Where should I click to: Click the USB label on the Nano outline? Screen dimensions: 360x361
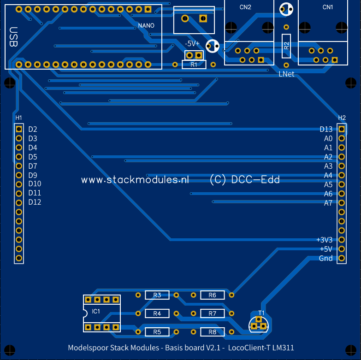click(13, 37)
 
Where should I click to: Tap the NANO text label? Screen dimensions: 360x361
click(146, 26)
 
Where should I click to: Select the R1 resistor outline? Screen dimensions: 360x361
click(194, 65)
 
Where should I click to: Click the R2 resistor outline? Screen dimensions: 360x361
click(286, 46)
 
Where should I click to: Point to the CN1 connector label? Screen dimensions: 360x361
click(327, 7)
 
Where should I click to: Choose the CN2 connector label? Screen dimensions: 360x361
click(246, 7)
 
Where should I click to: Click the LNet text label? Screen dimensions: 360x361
click(286, 74)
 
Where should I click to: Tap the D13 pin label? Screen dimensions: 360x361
click(326, 130)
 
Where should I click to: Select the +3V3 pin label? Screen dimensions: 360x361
click(325, 240)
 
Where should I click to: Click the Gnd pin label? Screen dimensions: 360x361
click(326, 258)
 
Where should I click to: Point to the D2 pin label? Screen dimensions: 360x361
click(33, 130)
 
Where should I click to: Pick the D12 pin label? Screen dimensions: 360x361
click(35, 202)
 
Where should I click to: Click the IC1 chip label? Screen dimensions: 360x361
click(96, 312)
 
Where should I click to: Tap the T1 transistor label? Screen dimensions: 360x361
click(261, 313)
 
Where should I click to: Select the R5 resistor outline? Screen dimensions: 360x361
click(157, 332)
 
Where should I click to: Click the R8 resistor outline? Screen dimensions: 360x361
click(213, 332)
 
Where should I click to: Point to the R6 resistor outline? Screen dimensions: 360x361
click(213, 295)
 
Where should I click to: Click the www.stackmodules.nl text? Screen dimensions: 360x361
click(136, 180)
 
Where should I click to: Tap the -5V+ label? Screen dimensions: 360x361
click(192, 43)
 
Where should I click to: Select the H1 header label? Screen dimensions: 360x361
click(18, 118)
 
